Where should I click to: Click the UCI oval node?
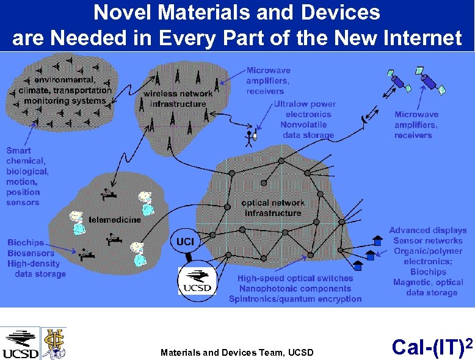(185, 242)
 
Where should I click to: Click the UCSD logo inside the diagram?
(197, 281)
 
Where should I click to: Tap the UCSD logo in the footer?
(21, 344)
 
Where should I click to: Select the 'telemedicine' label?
(115, 219)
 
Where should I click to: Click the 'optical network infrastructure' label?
(273, 207)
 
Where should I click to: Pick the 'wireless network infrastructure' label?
(178, 98)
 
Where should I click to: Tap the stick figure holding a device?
(249, 138)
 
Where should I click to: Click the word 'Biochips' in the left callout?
(26, 243)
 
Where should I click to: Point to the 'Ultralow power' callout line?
(305, 104)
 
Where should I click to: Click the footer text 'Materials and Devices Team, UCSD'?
(237, 352)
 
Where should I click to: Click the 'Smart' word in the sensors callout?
(18, 150)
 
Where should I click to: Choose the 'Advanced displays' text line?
(428, 230)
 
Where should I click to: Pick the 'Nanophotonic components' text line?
(296, 289)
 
